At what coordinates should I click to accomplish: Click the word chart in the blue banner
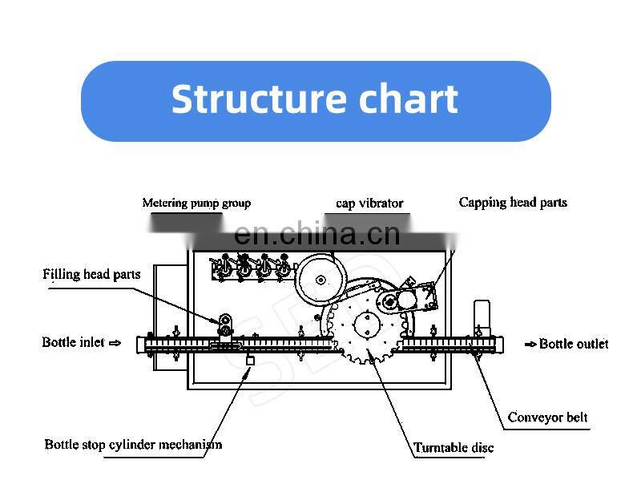click(x=408, y=99)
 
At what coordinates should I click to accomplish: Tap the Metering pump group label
click(x=196, y=203)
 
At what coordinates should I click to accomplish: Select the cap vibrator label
click(x=369, y=204)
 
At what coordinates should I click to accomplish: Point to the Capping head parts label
click(x=513, y=202)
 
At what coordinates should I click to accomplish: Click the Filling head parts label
click(x=91, y=274)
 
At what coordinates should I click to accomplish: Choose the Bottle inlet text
click(x=74, y=342)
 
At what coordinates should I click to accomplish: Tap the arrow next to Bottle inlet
click(x=115, y=343)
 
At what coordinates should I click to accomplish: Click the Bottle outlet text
click(x=574, y=344)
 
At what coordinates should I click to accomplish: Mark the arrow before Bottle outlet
click(x=531, y=345)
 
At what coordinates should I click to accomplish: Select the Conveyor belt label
click(x=548, y=417)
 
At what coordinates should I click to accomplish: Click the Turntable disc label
click(x=454, y=448)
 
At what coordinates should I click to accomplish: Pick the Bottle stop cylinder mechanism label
click(x=133, y=444)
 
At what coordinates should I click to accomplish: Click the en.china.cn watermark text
click(x=316, y=234)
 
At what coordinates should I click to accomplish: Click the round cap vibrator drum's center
click(x=321, y=280)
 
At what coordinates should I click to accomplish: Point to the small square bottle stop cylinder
click(x=250, y=361)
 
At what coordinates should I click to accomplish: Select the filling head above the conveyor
click(x=226, y=327)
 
